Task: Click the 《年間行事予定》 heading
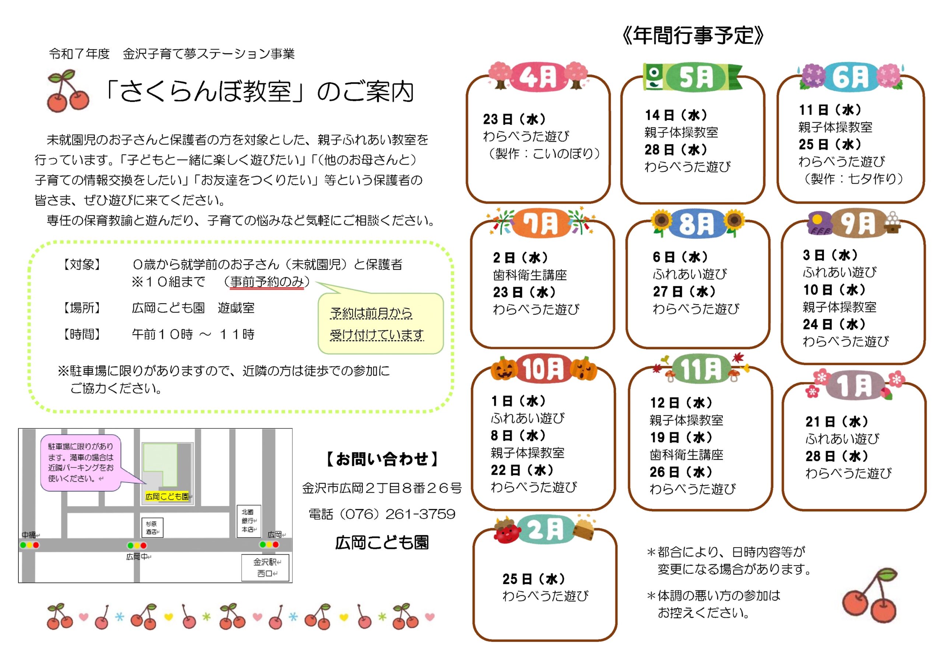(x=693, y=36)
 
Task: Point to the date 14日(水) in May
(x=676, y=115)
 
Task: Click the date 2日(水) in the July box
(x=520, y=257)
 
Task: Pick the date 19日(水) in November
(x=681, y=438)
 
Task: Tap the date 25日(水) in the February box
(x=533, y=579)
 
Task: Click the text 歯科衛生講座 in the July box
(x=530, y=275)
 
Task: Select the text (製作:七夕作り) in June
(x=853, y=179)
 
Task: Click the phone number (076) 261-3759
(x=382, y=514)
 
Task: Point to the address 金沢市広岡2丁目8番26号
(x=382, y=488)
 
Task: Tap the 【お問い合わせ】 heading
(x=382, y=459)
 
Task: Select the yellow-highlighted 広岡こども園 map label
(x=167, y=496)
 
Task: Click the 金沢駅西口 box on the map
(x=265, y=568)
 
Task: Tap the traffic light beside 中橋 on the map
(x=29, y=545)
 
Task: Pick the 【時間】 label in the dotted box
(x=81, y=334)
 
